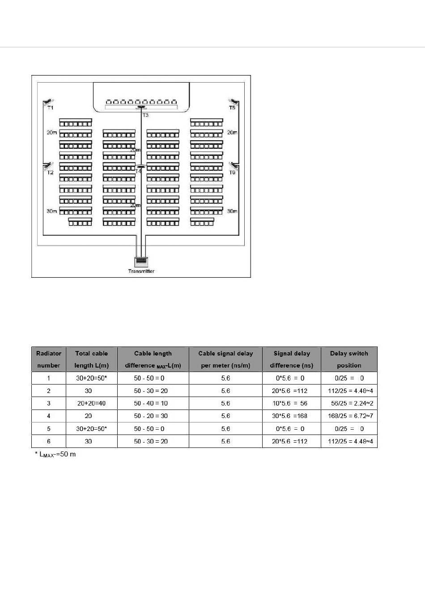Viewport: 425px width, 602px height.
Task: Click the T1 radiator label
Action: [x=50, y=108]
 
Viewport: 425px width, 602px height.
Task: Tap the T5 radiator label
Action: [x=232, y=108]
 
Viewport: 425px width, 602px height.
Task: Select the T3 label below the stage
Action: [x=145, y=115]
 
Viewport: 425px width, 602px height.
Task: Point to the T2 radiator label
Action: [x=50, y=172]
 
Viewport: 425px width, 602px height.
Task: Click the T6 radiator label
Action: [x=232, y=172]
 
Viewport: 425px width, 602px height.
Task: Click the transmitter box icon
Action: [x=141, y=261]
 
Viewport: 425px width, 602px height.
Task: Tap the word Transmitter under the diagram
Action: [x=141, y=271]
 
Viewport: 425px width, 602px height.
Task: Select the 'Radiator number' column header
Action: [x=48, y=359]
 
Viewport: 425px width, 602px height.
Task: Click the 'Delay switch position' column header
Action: [x=349, y=359]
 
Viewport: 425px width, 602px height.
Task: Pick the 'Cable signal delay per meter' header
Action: [x=225, y=359]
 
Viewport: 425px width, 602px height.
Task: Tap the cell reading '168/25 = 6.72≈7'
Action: [x=349, y=416]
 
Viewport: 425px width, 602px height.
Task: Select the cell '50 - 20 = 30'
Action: [x=153, y=416]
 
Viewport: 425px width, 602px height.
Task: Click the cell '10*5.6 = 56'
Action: [x=291, y=403]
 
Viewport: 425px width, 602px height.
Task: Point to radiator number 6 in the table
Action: [x=48, y=441]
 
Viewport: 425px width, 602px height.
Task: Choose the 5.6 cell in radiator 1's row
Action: [x=225, y=378]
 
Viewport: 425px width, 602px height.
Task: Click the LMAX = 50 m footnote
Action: [x=56, y=455]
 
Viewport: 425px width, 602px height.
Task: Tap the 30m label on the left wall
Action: [x=52, y=211]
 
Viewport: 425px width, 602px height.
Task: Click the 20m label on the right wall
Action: [x=232, y=133]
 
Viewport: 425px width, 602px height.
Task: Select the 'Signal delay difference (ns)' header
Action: [x=291, y=359]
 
